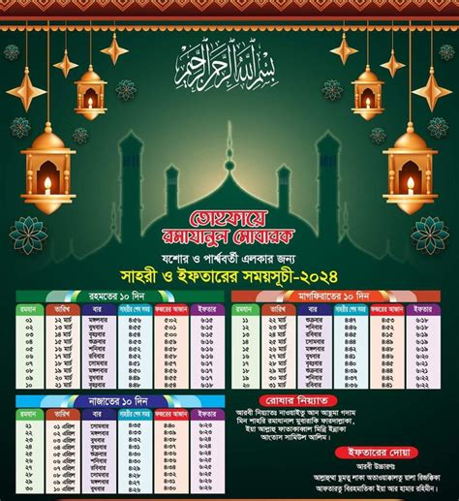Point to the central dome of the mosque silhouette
pos(229,165)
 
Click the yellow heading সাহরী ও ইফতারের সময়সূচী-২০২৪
pos(229,270)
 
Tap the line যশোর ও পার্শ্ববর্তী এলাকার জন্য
pos(229,251)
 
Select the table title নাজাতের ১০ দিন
pos(115,400)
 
